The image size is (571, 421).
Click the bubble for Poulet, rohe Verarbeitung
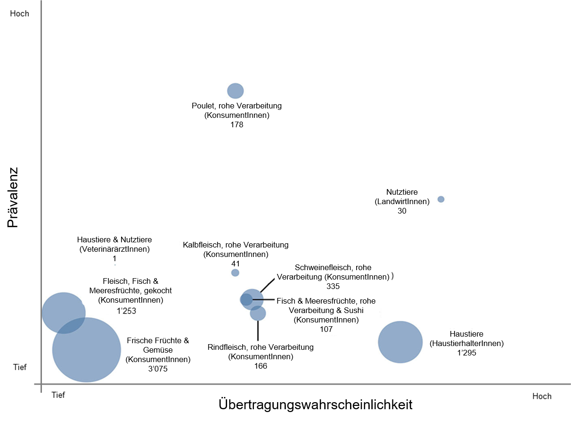coord(236,91)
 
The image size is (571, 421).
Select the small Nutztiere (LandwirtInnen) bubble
coord(441,199)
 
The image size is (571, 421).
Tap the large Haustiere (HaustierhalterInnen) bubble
coord(400,342)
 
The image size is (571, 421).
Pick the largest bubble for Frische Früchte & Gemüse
coord(87,350)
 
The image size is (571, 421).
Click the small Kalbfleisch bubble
coord(235,272)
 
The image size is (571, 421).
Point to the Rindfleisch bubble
coord(258,314)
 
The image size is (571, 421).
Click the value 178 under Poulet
coord(237,125)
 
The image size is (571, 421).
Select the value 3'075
coord(158,369)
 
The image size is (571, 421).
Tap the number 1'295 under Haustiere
coord(466,352)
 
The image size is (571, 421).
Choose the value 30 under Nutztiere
coord(402,211)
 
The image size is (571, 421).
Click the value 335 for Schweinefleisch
coord(333,286)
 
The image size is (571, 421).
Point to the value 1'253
coord(126,311)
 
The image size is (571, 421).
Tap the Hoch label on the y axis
coord(19,14)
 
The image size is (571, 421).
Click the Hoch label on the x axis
coord(542,396)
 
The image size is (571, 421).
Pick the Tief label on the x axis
coord(58,395)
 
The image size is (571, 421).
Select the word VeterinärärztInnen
coord(114,249)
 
